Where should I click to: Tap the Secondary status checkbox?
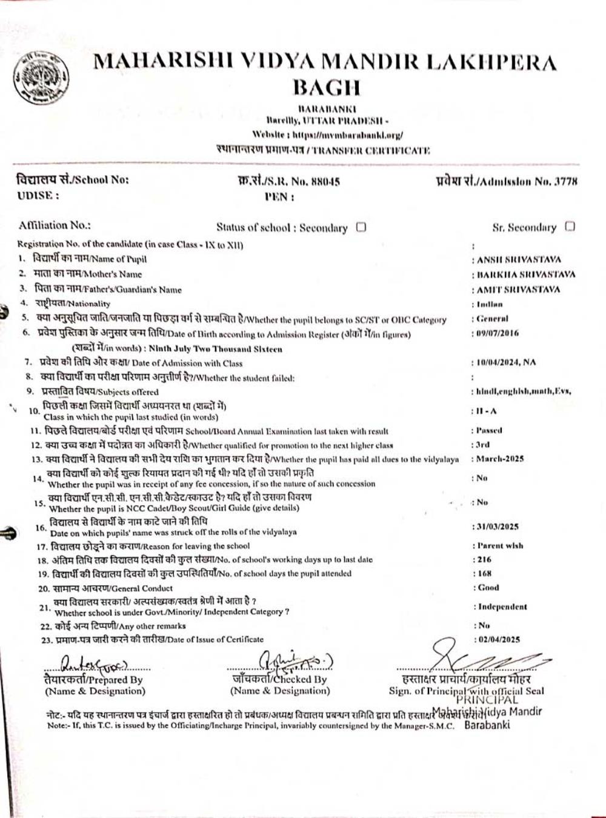361,228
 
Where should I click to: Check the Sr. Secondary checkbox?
570,227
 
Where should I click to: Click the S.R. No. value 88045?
325,181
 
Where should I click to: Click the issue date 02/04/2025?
499,639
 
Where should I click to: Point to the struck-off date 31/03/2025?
498,527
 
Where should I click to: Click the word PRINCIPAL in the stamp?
494,700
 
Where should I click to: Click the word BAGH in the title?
327,87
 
